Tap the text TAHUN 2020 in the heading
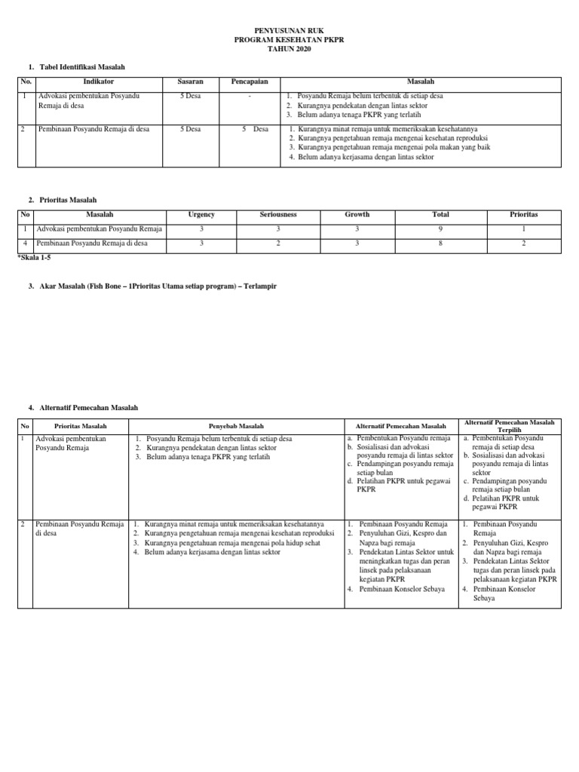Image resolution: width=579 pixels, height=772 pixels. click(x=289, y=48)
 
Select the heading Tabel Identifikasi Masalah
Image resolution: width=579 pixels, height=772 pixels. click(x=81, y=67)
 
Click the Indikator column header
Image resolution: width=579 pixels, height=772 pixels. click(x=98, y=82)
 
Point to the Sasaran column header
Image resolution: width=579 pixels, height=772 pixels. click(x=190, y=82)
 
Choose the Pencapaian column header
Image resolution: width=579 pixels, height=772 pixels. click(x=250, y=82)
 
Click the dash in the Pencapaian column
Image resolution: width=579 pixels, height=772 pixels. click(x=250, y=96)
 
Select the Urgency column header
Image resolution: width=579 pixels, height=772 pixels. click(x=201, y=215)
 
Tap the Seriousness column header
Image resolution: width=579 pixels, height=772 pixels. click(x=278, y=215)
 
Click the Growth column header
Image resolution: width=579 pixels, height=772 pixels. click(x=357, y=215)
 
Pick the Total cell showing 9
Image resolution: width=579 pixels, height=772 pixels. click(x=440, y=229)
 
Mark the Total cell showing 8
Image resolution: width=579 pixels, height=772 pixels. click(x=440, y=244)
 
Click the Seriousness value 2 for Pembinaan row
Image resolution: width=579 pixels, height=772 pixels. click(x=278, y=244)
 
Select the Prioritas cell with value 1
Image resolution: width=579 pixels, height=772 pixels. click(x=524, y=229)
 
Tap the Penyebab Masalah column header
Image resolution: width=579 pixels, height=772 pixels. click(x=235, y=426)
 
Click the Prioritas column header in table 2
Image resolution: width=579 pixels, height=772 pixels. click(x=524, y=215)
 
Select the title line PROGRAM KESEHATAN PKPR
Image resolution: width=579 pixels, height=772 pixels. click(x=289, y=39)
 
